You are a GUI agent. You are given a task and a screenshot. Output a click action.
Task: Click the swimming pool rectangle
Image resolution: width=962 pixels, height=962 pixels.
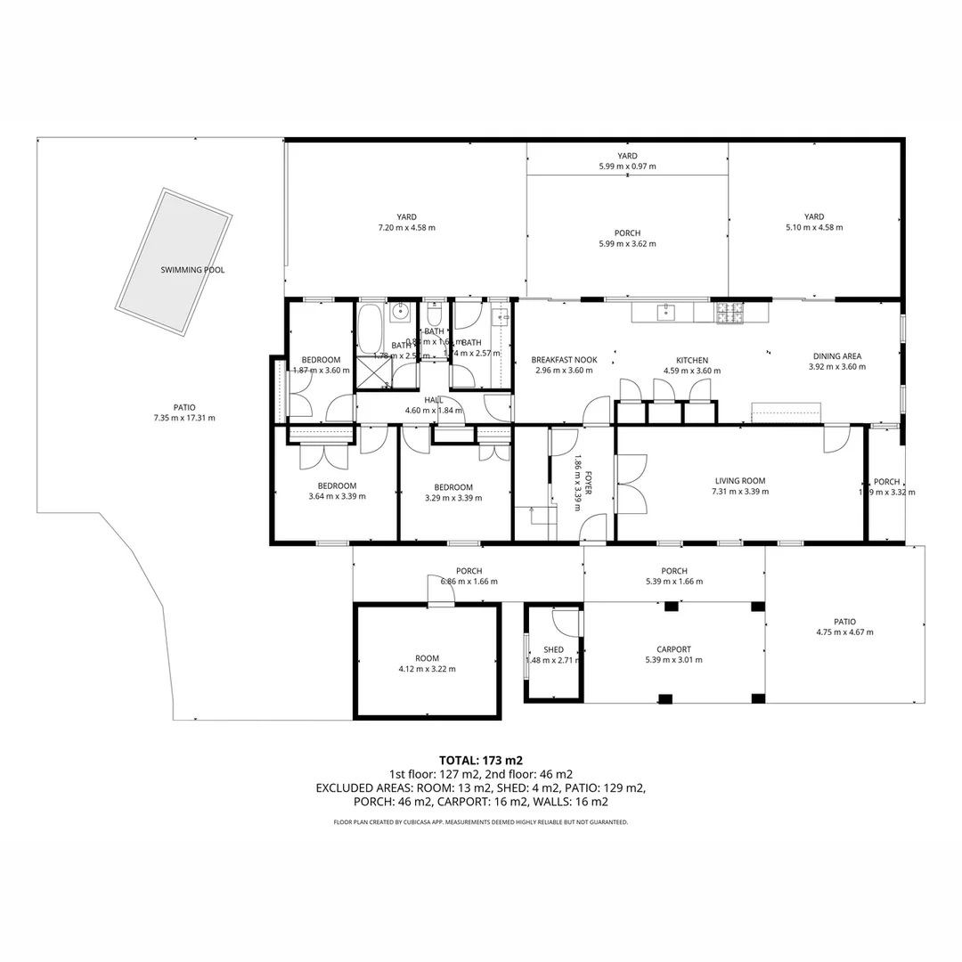click(x=175, y=262)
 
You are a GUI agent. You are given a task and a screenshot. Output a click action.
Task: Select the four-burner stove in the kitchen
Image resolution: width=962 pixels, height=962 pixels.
click(x=729, y=313)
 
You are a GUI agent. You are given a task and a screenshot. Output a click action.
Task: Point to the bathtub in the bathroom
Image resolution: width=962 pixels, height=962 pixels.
click(x=370, y=330)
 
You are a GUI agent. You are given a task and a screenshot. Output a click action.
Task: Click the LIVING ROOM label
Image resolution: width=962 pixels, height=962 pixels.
click(x=739, y=481)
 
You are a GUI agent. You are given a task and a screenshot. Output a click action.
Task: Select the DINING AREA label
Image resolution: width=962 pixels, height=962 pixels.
click(x=836, y=356)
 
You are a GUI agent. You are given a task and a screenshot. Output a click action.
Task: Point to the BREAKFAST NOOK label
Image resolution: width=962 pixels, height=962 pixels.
click(x=564, y=360)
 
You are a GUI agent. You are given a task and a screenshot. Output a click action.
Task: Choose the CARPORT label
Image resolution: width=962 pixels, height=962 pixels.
click(x=673, y=649)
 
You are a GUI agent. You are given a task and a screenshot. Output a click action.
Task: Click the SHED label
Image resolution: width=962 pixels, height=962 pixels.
click(x=553, y=649)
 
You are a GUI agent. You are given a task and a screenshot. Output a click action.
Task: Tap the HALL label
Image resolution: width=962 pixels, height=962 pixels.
click(x=434, y=400)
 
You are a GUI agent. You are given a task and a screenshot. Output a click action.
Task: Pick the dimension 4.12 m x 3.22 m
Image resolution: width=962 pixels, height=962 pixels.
click(x=427, y=669)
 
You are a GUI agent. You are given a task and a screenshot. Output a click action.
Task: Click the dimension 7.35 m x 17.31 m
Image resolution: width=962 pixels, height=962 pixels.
click(x=184, y=418)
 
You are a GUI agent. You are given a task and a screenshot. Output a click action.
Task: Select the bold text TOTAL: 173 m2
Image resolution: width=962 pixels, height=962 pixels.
click(x=481, y=760)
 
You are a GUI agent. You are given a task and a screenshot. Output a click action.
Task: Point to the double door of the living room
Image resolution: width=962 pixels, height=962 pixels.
click(x=632, y=484)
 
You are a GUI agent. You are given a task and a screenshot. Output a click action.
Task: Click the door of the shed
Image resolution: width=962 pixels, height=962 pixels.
click(x=565, y=622)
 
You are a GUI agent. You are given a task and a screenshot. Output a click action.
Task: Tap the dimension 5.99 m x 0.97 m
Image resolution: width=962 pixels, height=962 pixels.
click(x=627, y=167)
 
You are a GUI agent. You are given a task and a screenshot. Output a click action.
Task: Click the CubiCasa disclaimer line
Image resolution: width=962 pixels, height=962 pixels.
click(x=481, y=822)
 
